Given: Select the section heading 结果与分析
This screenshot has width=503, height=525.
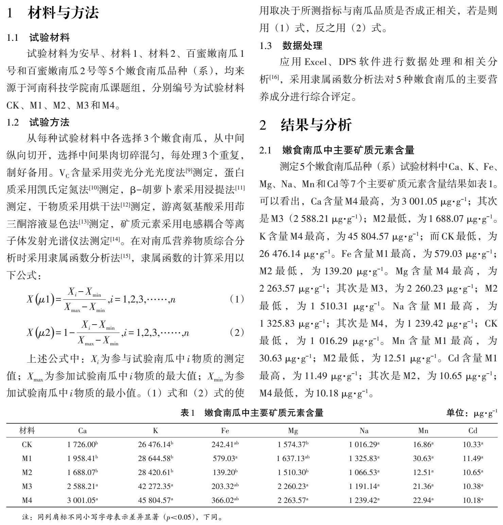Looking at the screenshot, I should click(x=316, y=125).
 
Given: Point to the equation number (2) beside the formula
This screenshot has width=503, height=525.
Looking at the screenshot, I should click(x=237, y=332).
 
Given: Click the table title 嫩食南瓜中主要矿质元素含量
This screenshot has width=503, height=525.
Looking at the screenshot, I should click(x=264, y=413).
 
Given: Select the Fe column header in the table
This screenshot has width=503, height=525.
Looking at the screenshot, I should click(x=225, y=431).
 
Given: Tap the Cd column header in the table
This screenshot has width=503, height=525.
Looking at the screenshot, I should click(x=473, y=431).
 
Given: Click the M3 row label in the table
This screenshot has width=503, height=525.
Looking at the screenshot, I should click(x=27, y=486).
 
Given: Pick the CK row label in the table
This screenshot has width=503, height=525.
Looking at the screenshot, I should click(x=27, y=444).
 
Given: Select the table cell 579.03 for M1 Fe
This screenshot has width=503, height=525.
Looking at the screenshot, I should click(x=224, y=458).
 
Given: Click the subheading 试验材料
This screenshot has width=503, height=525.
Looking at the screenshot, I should click(x=50, y=37).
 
